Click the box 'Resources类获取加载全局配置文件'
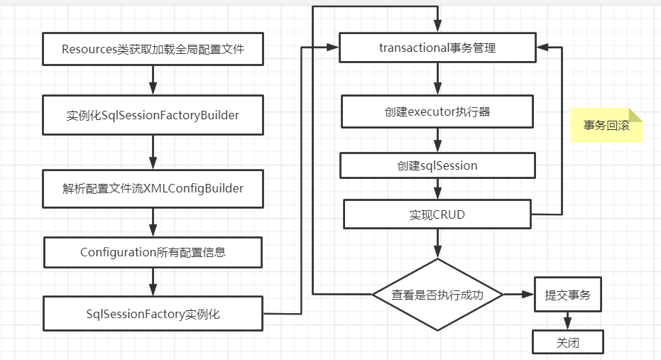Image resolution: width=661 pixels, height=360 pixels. coord(153,50)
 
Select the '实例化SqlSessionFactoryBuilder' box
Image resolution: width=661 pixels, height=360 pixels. coord(153,115)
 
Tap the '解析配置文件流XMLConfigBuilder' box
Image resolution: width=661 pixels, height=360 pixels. coord(153,188)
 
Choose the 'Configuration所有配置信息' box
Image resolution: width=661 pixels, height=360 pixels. coord(153,252)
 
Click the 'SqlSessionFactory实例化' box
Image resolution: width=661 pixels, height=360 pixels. coord(153,314)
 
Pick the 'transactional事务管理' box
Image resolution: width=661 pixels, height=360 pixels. coord(437,48)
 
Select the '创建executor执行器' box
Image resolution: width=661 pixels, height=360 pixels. coord(437,111)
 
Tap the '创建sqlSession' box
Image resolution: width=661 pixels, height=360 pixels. coord(437,165)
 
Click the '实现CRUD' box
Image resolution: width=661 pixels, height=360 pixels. coord(437,214)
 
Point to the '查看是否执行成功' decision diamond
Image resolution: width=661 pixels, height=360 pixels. coord(437,295)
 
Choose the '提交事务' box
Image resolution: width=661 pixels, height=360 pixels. coord(567,295)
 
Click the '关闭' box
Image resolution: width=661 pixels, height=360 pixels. coord(567,342)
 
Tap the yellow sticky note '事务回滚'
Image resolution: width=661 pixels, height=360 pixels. coord(606,126)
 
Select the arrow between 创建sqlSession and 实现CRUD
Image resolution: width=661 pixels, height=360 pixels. coord(437,189)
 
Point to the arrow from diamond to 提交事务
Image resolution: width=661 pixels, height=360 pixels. coord(518,295)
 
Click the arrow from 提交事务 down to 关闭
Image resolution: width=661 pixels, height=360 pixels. coord(567,321)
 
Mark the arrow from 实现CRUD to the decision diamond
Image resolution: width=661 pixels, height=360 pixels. coord(437,244)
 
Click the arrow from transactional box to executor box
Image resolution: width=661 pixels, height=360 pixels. coord(437,79)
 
